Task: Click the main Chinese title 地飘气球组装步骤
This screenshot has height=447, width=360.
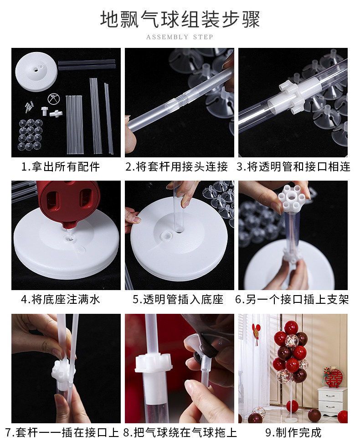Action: click(x=180, y=19)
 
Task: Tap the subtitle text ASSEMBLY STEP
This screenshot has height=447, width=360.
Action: click(x=180, y=37)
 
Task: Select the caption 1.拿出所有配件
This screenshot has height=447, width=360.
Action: click(x=60, y=167)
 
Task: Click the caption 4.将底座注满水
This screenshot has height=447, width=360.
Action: click(x=60, y=300)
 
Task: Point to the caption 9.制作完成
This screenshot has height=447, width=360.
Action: click(x=293, y=432)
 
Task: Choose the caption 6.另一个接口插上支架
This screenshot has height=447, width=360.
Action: click(x=292, y=300)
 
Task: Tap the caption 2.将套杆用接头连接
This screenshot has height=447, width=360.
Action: click(x=177, y=167)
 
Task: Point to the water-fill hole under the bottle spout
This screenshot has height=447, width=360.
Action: click(x=69, y=238)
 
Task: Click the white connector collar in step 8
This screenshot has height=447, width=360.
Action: click(x=153, y=363)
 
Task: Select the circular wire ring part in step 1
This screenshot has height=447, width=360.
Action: click(x=54, y=99)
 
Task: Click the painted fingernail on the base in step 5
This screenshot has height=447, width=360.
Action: click(x=137, y=220)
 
